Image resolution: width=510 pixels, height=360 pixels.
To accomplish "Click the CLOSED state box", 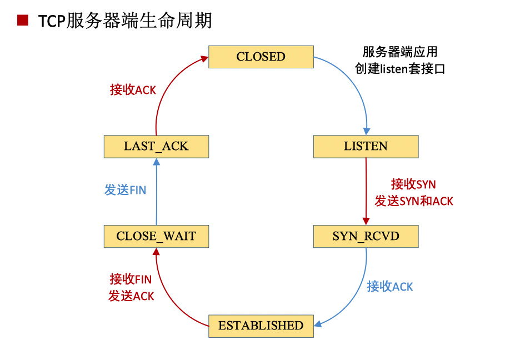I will [261, 57].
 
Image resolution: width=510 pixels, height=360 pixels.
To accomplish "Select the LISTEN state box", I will [365, 147].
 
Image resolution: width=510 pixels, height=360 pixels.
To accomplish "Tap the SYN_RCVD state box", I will [365, 236].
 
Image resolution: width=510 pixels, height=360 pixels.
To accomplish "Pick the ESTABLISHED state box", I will [261, 326].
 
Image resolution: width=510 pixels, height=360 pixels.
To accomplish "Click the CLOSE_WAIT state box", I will [156, 236].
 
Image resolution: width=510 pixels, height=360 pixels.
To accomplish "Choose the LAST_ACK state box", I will [156, 147].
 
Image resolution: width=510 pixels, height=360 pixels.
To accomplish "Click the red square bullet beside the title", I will [23, 21].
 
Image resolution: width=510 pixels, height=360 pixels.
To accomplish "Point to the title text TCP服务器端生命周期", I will [125, 21].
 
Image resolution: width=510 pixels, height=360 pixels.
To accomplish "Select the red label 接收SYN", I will [413, 184].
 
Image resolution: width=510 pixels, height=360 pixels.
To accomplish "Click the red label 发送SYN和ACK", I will [413, 201].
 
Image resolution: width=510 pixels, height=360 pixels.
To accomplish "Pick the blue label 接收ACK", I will [390, 287].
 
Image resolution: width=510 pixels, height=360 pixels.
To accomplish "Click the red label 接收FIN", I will [131, 279].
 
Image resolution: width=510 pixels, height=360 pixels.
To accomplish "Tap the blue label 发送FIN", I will [125, 190].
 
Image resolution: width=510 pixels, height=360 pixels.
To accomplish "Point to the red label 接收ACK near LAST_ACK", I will [133, 90].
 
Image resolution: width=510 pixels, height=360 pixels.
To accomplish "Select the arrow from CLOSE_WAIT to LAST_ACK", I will [157, 192].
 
